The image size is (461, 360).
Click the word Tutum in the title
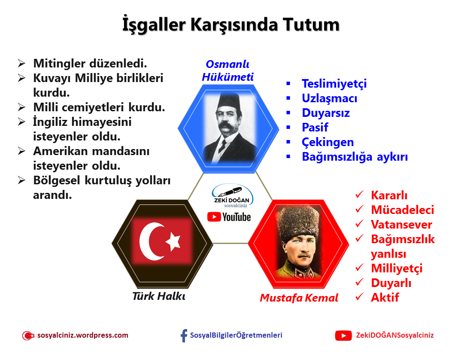coord(311,24)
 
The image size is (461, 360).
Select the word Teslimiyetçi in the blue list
coord(334,84)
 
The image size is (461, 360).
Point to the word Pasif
coord(315,128)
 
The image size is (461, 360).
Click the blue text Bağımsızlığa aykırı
coord(355,157)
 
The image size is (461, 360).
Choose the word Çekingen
coord(328,142)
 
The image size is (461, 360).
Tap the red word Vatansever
coord(401,225)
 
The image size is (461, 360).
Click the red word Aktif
coord(385,297)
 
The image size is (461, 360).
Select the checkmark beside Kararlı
coord(359,194)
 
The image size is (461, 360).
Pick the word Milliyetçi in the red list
coord(397,268)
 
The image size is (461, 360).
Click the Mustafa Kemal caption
coord(299,298)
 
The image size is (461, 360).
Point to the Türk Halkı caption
coord(159,296)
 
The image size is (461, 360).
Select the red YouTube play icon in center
coord(214,217)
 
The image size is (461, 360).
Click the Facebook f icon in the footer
coord(184,336)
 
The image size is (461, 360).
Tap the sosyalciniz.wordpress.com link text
coord(82,335)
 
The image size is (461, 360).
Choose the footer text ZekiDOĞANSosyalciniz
coord(394,335)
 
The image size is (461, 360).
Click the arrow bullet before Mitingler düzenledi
coord(21,63)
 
